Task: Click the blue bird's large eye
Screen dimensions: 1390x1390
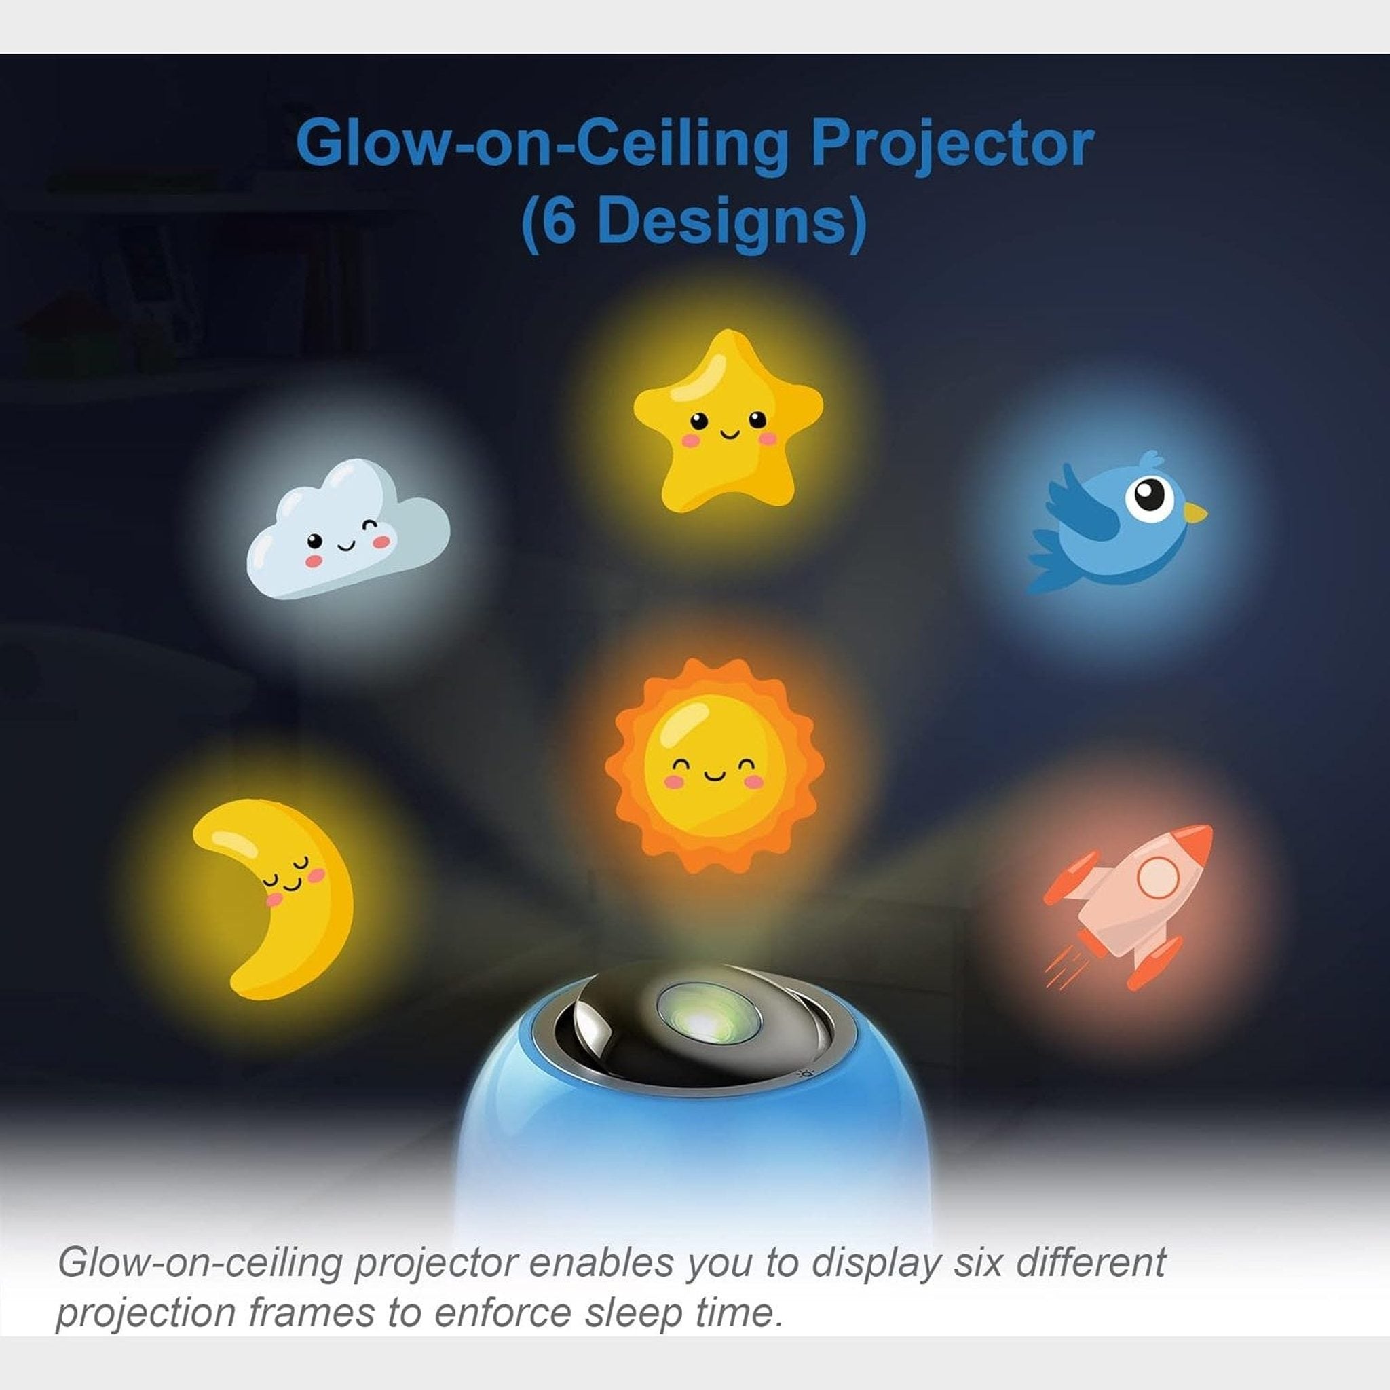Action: point(1150,497)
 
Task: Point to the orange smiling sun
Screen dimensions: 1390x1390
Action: point(715,766)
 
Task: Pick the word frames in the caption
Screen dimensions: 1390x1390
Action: point(312,1313)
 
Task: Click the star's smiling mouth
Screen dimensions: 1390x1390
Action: point(730,434)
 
